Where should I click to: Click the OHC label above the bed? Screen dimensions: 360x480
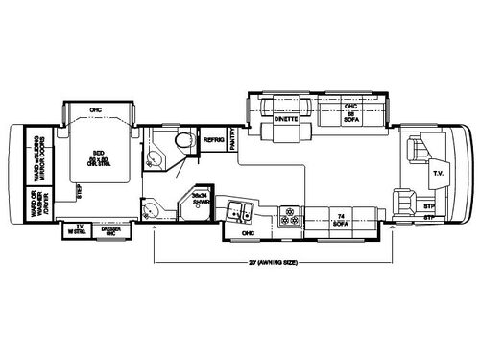(x=94, y=110)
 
